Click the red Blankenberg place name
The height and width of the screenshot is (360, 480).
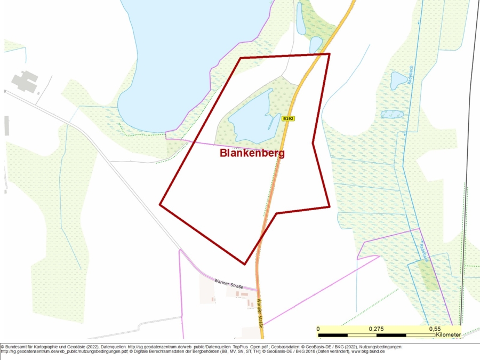252,153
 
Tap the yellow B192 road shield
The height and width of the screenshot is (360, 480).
288,119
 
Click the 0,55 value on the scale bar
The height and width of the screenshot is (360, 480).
435,329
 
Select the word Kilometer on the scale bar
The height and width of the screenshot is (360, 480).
448,334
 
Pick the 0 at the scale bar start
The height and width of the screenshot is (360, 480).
318,329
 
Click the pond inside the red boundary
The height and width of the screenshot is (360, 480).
251,117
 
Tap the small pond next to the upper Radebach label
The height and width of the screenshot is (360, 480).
398,80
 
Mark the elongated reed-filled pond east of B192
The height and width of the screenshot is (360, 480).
392,114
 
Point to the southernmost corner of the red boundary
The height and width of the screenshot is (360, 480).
244,263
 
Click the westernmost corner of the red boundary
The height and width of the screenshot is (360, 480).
160,204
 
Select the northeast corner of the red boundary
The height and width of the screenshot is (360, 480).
329,54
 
